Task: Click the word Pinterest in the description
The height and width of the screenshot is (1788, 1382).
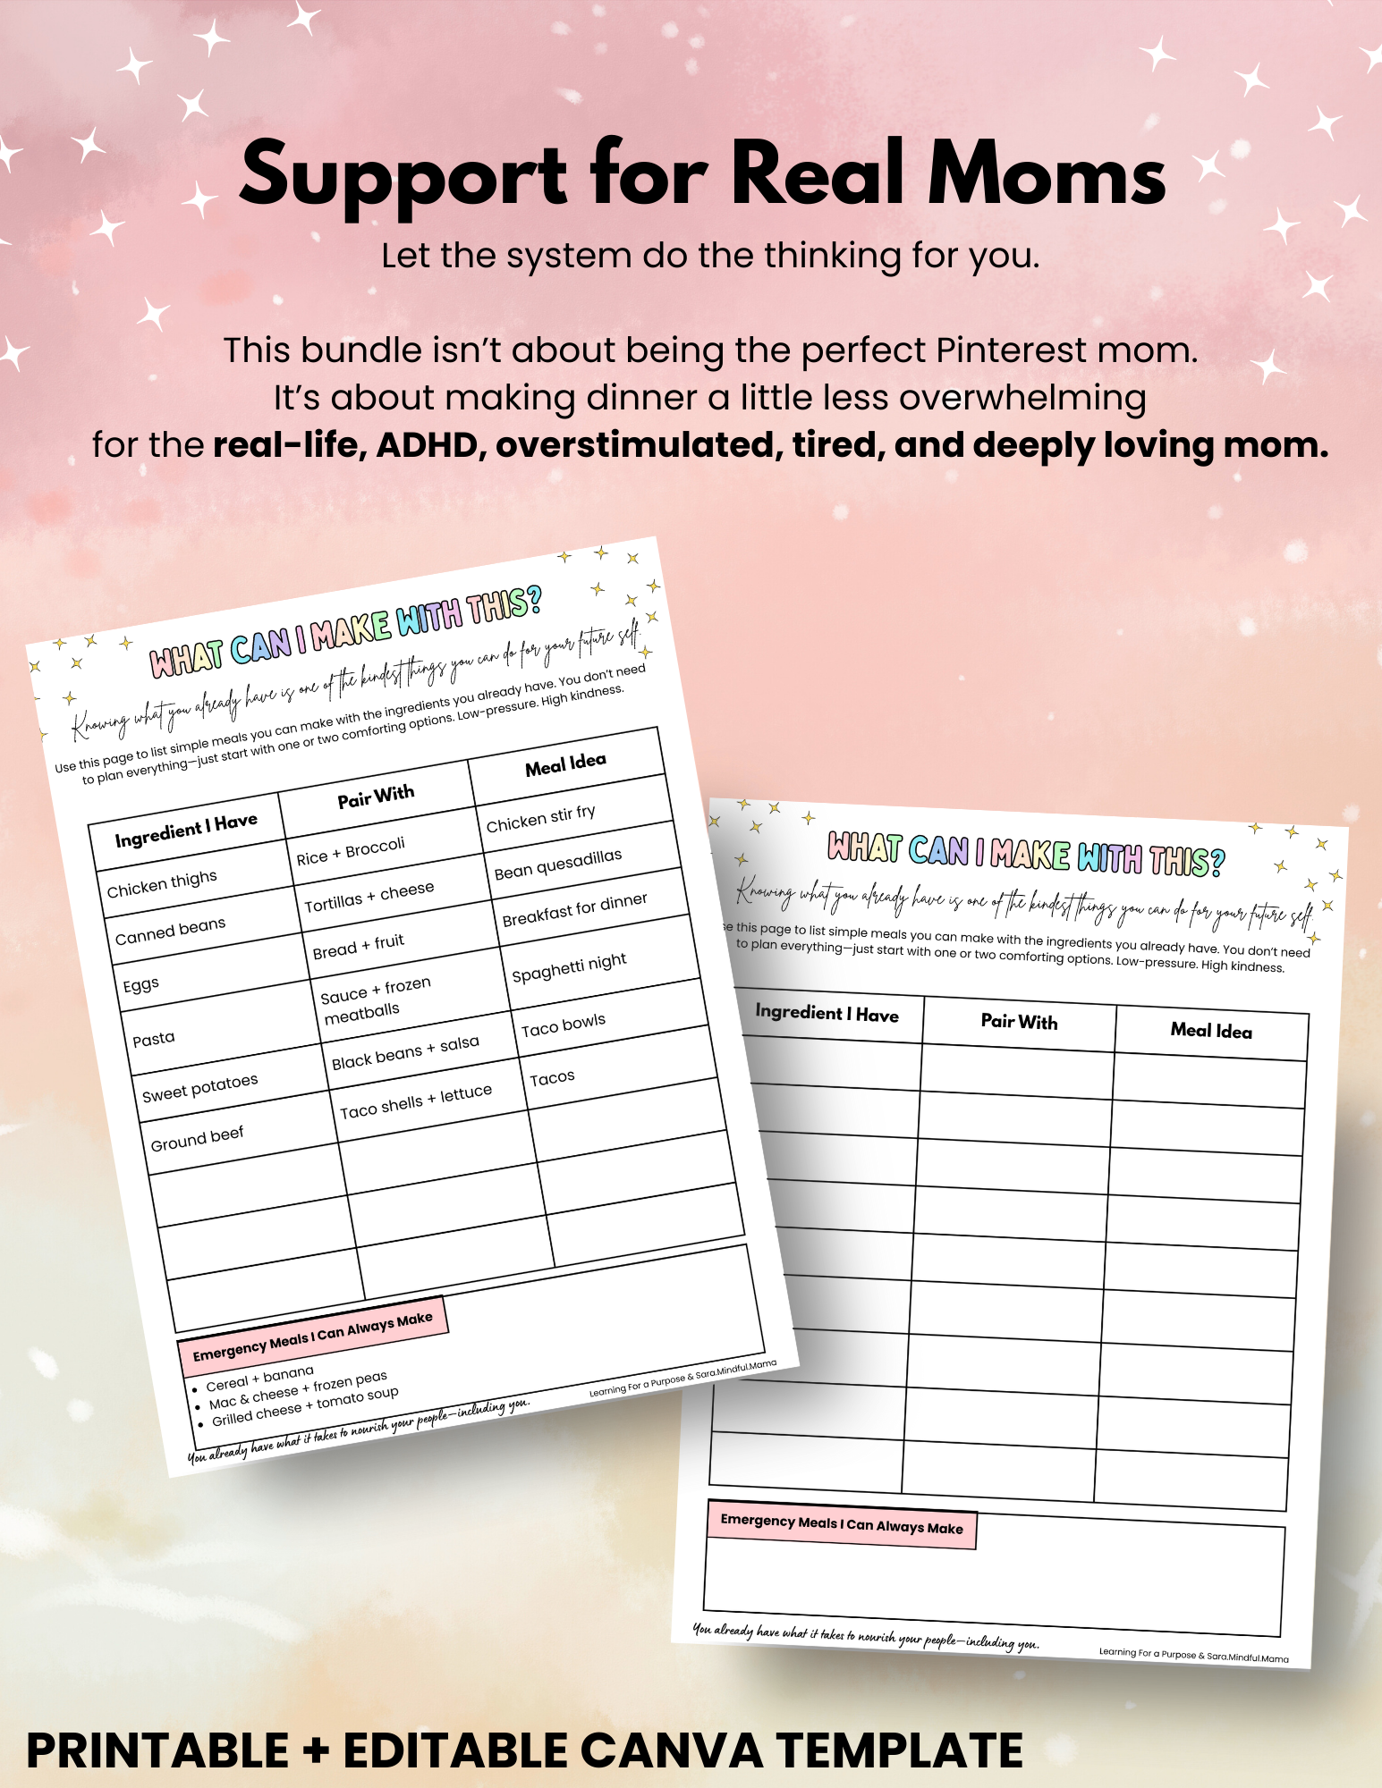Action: click(1011, 351)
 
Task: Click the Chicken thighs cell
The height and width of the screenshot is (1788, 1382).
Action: click(162, 884)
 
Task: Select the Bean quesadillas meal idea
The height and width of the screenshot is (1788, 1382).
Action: click(557, 864)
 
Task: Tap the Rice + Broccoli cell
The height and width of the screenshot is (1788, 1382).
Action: click(351, 851)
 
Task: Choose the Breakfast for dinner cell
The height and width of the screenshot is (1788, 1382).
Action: click(574, 909)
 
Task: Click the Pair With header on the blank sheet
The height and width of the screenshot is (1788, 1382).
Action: click(1019, 1021)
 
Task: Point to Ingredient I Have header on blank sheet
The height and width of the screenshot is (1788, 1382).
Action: click(827, 1013)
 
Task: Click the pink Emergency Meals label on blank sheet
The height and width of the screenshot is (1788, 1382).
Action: click(841, 1524)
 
